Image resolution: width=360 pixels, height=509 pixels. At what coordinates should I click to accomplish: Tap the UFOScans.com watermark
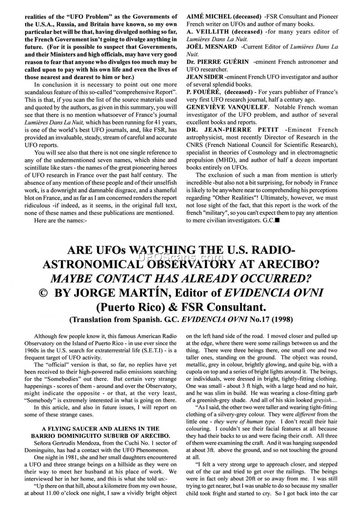180,258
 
